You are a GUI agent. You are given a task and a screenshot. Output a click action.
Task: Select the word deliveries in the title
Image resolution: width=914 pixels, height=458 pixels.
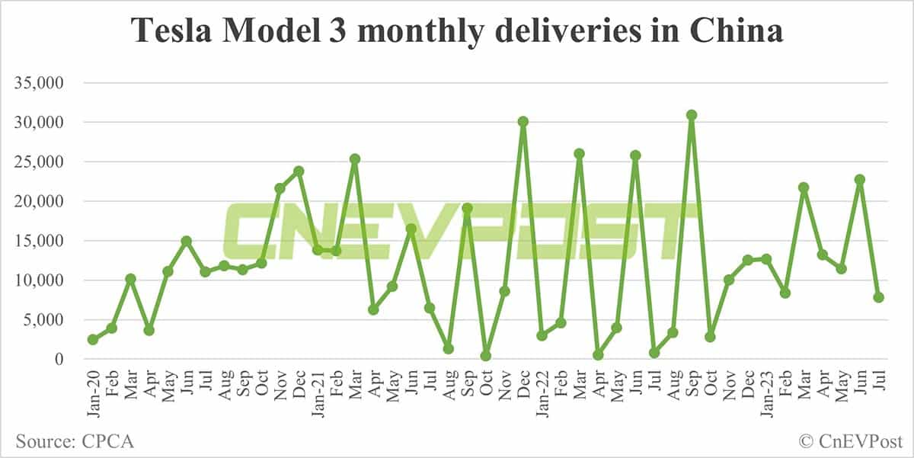pyautogui.click(x=568, y=31)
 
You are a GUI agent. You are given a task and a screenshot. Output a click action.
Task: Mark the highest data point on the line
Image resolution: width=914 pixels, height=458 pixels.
pyautogui.click(x=692, y=115)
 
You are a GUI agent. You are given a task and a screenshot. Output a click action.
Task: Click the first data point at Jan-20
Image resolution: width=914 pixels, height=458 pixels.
pyautogui.click(x=93, y=339)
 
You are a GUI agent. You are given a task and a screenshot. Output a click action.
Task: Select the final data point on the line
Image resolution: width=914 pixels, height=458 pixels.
pyautogui.click(x=878, y=297)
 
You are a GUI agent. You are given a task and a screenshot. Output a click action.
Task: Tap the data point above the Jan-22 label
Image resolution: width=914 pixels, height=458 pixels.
pyautogui.click(x=542, y=335)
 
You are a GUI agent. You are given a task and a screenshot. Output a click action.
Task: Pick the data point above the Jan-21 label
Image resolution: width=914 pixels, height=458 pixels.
pyautogui.click(x=318, y=250)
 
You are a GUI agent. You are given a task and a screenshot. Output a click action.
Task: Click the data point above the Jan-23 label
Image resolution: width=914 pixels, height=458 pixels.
pyautogui.click(x=766, y=259)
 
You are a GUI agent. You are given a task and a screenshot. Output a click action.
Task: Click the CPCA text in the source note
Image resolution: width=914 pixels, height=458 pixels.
pyautogui.click(x=107, y=440)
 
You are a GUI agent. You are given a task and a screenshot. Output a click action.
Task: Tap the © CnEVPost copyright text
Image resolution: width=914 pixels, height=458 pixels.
pyautogui.click(x=849, y=440)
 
